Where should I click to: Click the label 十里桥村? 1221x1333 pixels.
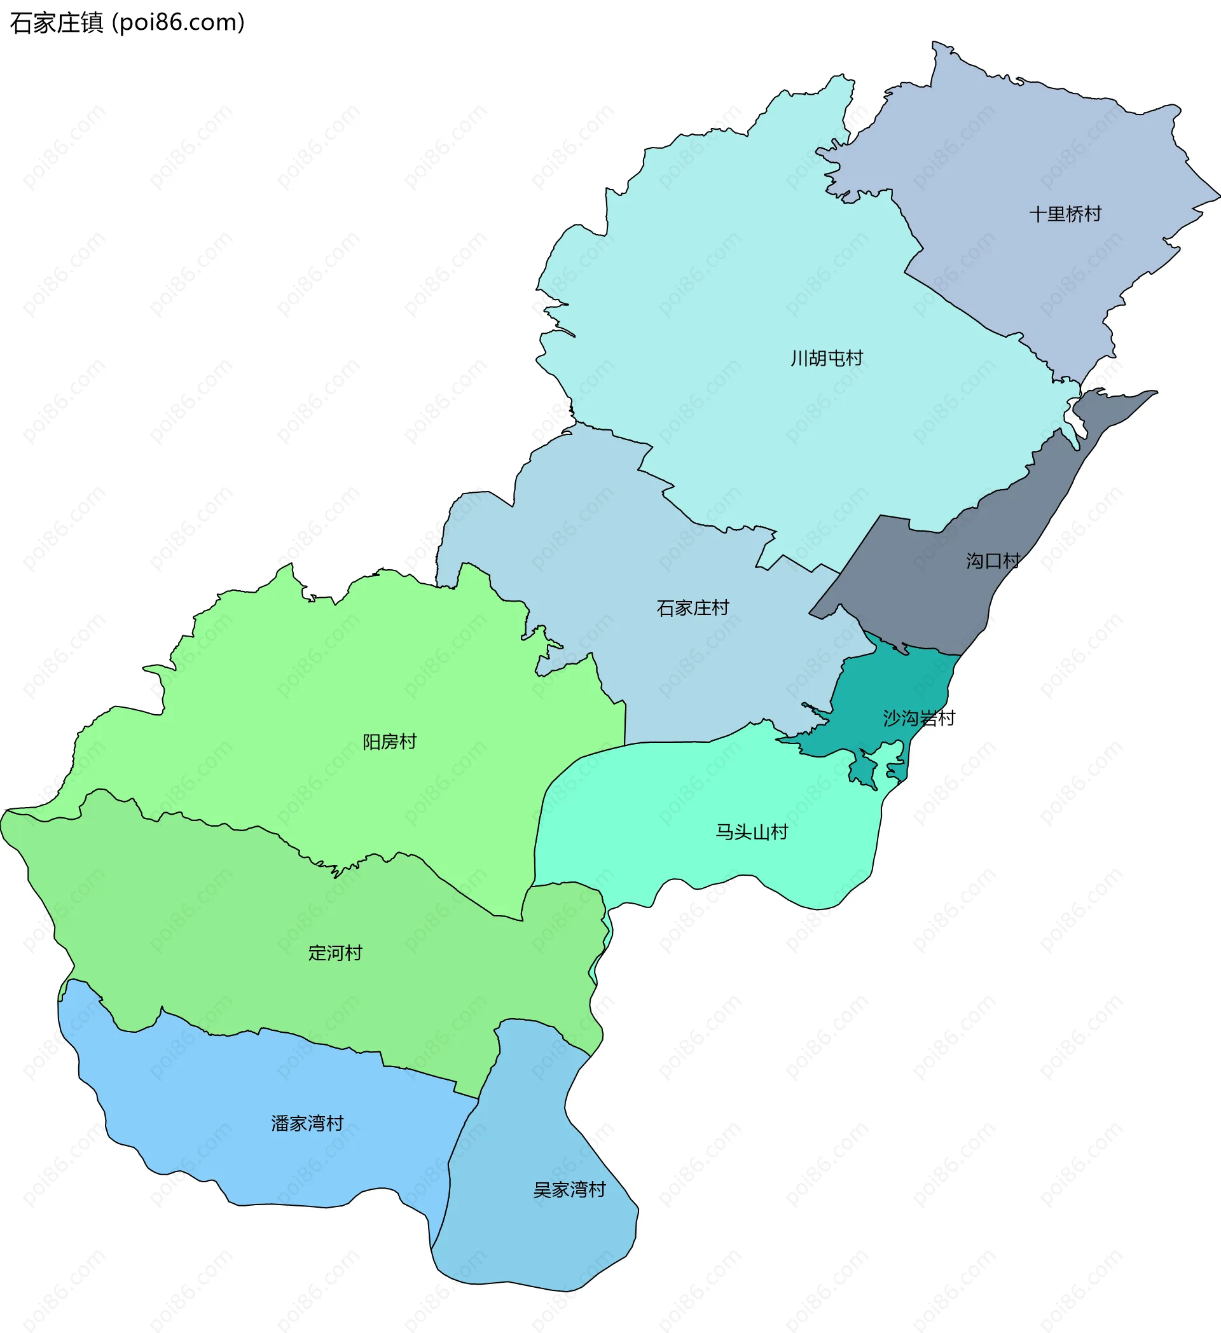(1065, 214)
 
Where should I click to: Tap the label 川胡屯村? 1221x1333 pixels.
(827, 359)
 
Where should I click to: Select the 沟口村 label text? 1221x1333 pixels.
(993, 561)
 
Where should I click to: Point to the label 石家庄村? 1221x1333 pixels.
(693, 607)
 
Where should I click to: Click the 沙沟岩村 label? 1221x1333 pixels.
(919, 718)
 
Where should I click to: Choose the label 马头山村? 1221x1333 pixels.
(752, 832)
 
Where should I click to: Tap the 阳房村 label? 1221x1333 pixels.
(389, 742)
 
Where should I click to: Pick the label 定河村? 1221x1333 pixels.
(335, 953)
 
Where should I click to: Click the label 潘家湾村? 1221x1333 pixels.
(307, 1123)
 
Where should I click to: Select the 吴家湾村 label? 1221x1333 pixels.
(569, 1190)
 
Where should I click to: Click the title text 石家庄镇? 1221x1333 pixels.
(57, 23)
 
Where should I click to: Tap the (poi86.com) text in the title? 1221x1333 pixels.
(179, 23)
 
